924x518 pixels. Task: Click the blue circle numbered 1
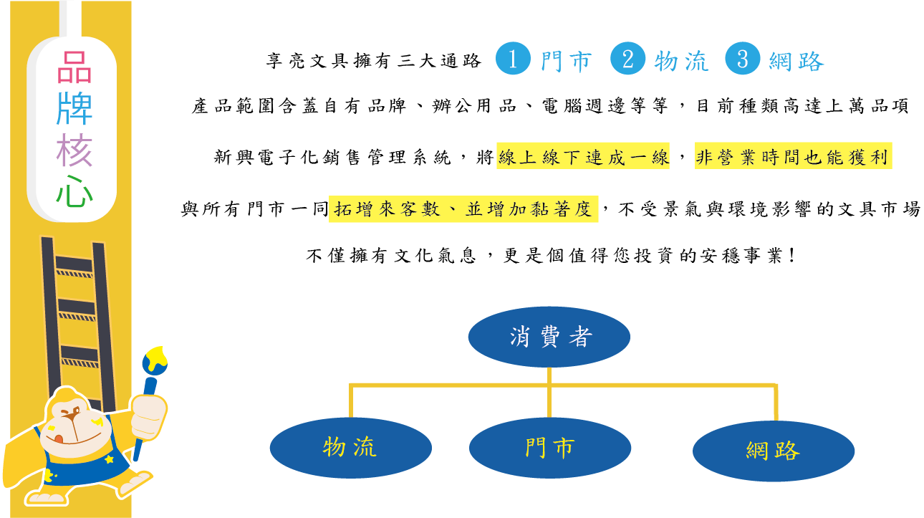coord(513,58)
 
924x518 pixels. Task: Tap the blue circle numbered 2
coord(627,58)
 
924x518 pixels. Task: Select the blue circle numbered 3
coord(743,58)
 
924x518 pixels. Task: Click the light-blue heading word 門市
coord(567,62)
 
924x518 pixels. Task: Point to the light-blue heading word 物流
coord(681,62)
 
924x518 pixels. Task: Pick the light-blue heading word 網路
coord(797,62)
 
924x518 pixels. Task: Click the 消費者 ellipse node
coord(549,337)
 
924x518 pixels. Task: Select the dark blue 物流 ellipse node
coord(351,449)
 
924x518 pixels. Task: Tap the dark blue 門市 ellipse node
coord(550,449)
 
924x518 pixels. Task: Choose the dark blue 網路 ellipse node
coord(774,451)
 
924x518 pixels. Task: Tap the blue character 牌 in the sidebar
coord(74,108)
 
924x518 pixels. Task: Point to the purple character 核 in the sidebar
coord(74,150)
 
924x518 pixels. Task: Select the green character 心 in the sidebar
coord(74,191)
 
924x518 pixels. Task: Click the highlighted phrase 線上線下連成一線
coord(583,156)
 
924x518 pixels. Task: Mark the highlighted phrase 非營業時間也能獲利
coord(793,156)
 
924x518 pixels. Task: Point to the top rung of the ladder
coord(74,264)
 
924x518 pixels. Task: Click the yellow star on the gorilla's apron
coord(109,459)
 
